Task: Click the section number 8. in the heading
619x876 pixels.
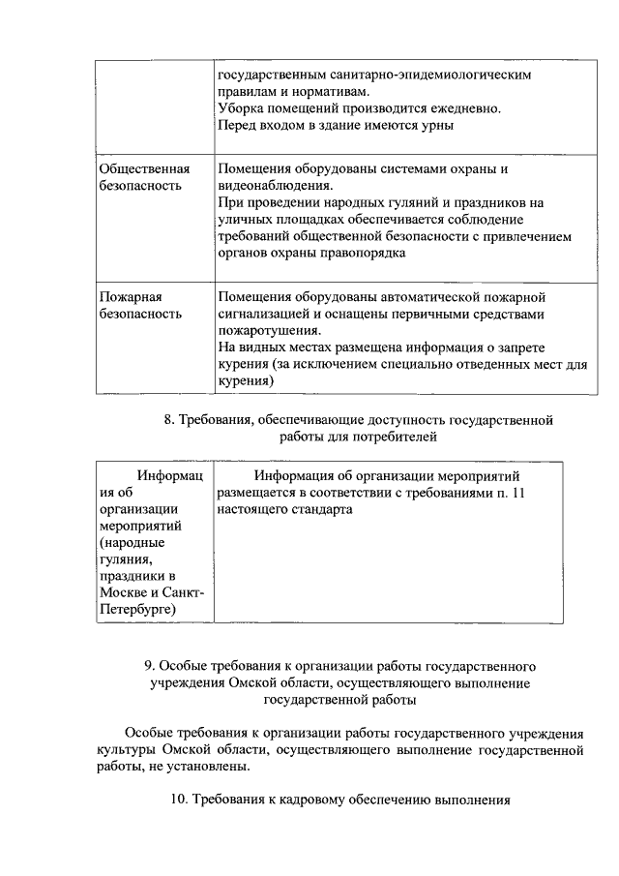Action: click(x=171, y=420)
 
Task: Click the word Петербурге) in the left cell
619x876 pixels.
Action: click(x=137, y=610)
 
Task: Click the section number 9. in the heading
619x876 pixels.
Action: click(x=150, y=666)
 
